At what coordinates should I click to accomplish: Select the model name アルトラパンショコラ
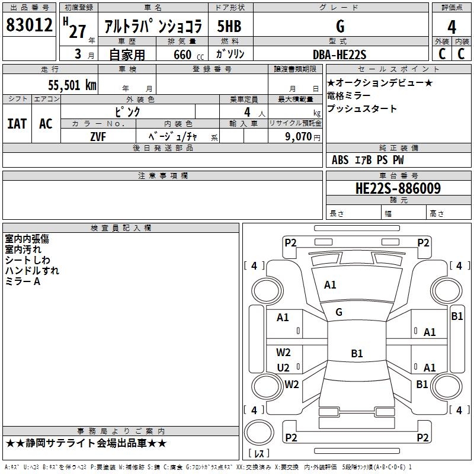(x=153, y=27)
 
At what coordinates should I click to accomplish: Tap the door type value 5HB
(x=229, y=27)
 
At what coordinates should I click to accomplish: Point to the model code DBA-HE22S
(x=340, y=55)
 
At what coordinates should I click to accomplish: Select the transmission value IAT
(x=17, y=123)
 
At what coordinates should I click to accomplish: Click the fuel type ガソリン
(x=231, y=55)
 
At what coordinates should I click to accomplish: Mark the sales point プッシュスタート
(x=362, y=109)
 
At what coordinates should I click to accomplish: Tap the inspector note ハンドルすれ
(x=32, y=271)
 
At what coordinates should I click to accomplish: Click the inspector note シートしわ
(x=28, y=260)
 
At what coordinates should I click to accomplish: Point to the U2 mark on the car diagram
(x=283, y=367)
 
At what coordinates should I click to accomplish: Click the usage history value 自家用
(x=127, y=55)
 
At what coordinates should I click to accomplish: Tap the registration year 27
(x=77, y=31)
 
